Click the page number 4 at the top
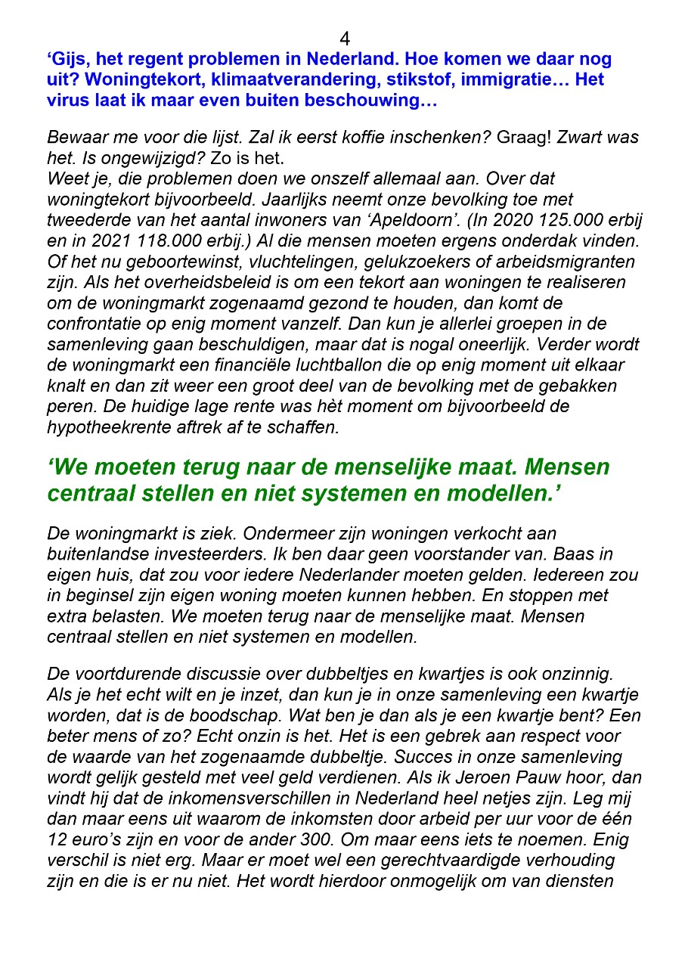point(345,39)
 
